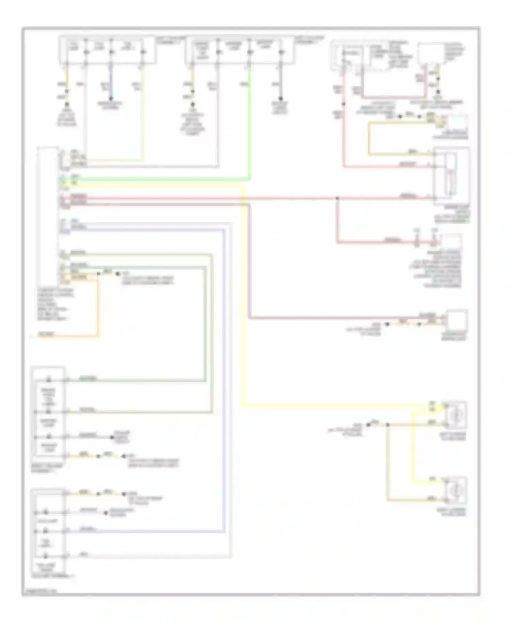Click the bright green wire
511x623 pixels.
(x=153, y=179)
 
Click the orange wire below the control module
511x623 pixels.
(x=99, y=307)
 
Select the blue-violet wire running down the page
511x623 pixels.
(x=224, y=375)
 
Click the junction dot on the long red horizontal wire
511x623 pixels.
(x=337, y=198)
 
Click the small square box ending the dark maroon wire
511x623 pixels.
(x=456, y=320)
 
